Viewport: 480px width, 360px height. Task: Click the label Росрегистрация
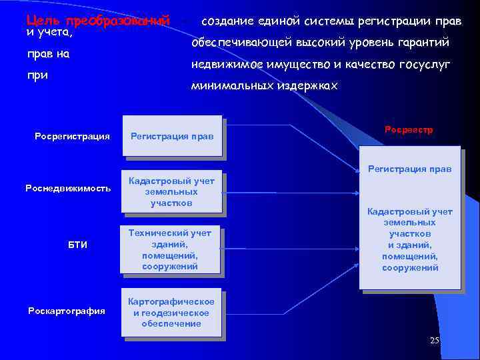coord(72,137)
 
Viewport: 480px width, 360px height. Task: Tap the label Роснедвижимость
coord(68,188)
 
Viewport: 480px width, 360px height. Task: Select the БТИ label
coord(77,245)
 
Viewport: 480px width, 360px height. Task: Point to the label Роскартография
coord(67,311)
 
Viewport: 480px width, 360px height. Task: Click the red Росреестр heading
coord(409,130)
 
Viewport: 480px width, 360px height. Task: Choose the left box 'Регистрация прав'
coord(172,137)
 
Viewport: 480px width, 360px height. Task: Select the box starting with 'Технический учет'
coord(170,249)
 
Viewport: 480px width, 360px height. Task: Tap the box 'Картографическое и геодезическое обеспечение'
coord(171,313)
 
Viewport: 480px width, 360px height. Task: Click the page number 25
coord(435,341)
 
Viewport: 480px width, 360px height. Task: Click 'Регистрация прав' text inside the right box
coord(410,169)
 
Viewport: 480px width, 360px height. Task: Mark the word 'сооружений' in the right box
coord(410,268)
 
